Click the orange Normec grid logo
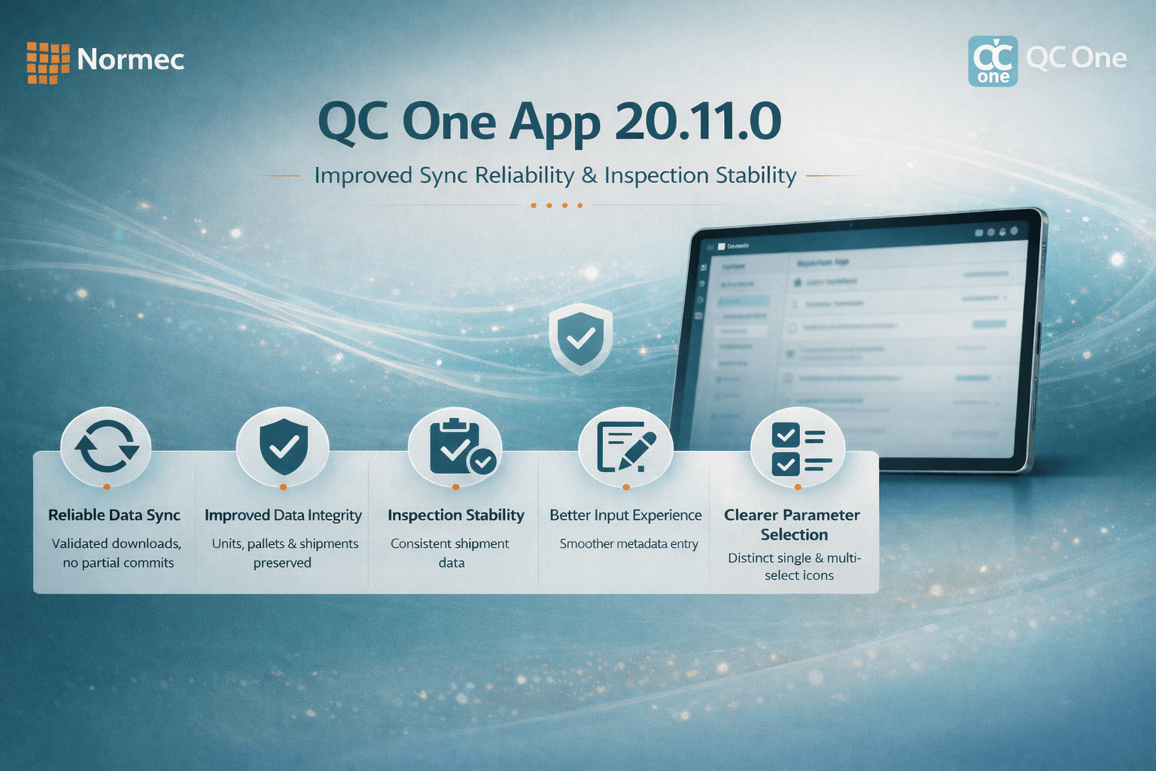coord(47,62)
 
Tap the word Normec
coord(130,59)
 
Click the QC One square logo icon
coord(993,61)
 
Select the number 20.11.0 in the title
coord(698,121)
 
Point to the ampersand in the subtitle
coord(589,176)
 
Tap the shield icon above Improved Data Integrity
coord(283,446)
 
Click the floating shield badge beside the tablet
coord(580,338)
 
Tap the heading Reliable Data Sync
coord(114,515)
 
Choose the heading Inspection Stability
coord(456,515)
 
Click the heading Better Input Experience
coord(625,515)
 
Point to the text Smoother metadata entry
coord(628,544)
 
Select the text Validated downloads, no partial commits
coord(117,553)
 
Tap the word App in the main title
coord(554,123)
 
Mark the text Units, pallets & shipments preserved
coord(284,553)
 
